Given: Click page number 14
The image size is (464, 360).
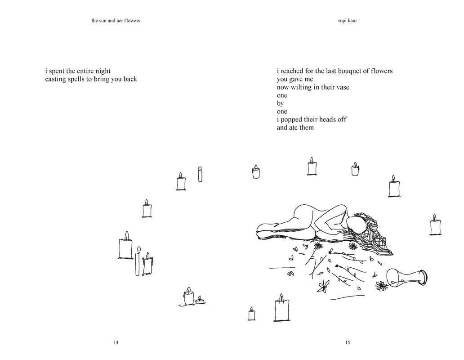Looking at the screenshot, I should point(116,342).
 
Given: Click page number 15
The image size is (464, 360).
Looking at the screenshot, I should point(348,342).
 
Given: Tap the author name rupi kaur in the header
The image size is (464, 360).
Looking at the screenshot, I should point(348,20).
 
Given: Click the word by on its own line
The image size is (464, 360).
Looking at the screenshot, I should point(280,103).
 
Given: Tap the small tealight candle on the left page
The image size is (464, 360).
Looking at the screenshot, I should point(200,300).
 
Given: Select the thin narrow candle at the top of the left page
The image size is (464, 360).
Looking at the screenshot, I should point(200,174).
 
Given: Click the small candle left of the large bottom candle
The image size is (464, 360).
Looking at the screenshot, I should point(251,314).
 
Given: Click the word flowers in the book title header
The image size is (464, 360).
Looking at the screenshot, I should point(131,20).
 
